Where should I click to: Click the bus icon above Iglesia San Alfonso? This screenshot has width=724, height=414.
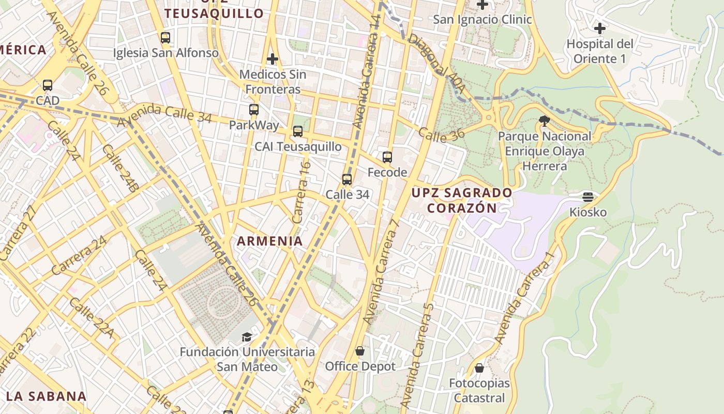point(165,38)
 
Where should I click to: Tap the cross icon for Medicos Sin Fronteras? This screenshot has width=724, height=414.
point(273,59)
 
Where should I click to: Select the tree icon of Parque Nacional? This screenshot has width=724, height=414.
point(544,121)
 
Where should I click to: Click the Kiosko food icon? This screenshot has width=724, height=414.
point(588,197)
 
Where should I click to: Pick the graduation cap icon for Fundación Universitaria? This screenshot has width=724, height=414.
point(247,337)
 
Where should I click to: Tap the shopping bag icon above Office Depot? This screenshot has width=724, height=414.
point(360,351)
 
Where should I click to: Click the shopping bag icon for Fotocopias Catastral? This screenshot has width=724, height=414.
point(479,368)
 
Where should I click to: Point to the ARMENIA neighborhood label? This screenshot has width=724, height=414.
point(270,241)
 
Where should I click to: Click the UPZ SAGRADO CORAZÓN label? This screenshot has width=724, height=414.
point(462,200)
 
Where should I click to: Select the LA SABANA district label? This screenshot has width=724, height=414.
point(47,396)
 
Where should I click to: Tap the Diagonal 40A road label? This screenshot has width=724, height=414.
point(436,64)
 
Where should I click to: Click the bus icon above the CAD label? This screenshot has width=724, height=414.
point(48,85)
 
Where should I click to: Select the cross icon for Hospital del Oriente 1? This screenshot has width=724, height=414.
point(600,28)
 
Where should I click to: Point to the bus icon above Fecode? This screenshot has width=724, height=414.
point(387,157)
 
